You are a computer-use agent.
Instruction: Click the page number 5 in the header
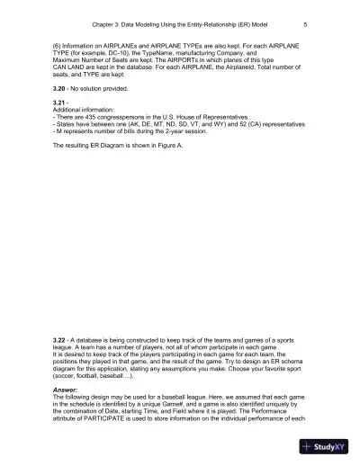point(306,24)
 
